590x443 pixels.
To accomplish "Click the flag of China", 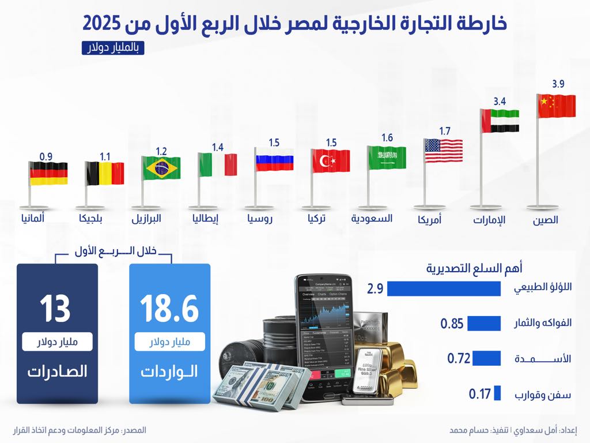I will click(557, 107).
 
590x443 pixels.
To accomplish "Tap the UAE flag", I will click(500, 122).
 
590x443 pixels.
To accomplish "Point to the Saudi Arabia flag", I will click(387, 157).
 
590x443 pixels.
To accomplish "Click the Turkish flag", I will click(331, 160).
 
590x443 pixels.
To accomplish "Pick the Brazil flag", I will click(162, 167).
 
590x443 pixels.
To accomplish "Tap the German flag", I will click(48, 173).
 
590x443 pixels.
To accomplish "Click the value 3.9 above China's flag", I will click(558, 84).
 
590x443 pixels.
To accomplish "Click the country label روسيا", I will click(260, 219).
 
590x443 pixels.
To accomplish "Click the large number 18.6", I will click(169, 309).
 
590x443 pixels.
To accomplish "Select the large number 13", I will click(55, 309).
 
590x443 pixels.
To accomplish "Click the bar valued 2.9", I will click(444, 288).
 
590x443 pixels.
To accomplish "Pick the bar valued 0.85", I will click(483, 324).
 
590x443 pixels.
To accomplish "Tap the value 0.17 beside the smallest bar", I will click(479, 395).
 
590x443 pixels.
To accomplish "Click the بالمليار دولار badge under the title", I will click(113, 48).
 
